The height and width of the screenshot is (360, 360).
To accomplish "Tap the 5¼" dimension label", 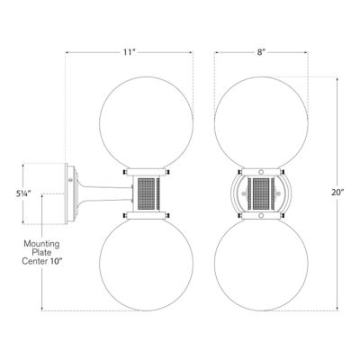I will pyautogui.click(x=34, y=192).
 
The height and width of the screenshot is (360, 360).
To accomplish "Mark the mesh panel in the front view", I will pyautogui.click(x=259, y=192).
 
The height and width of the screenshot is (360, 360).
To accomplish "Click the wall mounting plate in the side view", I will pyautogui.click(x=70, y=192).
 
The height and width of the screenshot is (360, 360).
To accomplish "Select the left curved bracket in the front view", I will pyautogui.click(x=236, y=192).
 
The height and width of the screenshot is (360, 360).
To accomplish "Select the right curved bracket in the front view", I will pyautogui.click(x=283, y=192).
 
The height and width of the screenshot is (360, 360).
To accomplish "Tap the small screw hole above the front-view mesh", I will pyautogui.click(x=259, y=171).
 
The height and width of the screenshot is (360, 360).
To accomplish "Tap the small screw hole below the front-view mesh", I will pyautogui.click(x=259, y=212).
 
